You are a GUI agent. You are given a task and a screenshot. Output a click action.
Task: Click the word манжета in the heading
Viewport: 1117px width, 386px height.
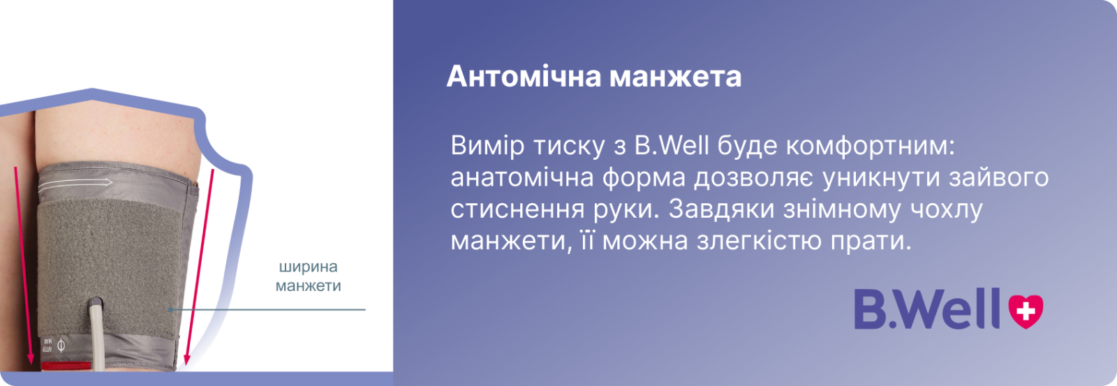tap(676, 77)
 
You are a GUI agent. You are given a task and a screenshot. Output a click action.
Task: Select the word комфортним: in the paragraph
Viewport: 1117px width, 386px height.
tap(870, 146)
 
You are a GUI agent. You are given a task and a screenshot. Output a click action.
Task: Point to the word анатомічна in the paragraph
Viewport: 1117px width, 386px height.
tap(521, 178)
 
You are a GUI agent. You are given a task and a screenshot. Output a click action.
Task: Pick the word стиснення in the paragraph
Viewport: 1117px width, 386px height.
tap(517, 209)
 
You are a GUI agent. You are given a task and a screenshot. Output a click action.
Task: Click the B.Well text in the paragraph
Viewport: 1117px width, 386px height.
tap(672, 146)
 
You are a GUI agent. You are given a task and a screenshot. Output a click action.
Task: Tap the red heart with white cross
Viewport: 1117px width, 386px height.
tap(1026, 311)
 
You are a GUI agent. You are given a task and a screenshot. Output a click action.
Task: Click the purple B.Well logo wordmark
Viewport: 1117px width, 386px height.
tap(927, 309)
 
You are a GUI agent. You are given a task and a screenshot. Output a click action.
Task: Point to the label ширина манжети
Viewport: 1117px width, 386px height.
tap(308, 276)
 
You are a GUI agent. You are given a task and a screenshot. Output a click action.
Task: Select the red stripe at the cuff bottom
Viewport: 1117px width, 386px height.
tap(66, 366)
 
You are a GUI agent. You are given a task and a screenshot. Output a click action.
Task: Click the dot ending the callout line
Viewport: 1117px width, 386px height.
tap(170, 310)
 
